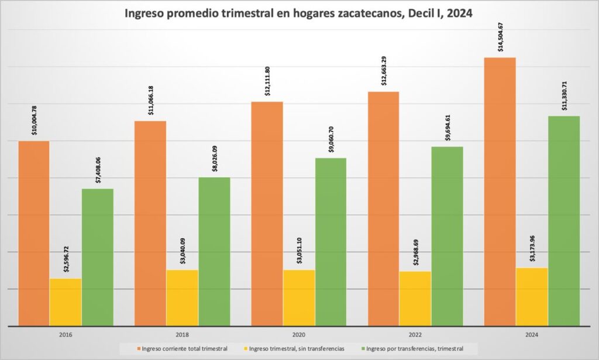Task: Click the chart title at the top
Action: point(299,14)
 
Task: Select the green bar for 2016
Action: point(98,257)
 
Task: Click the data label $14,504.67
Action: point(501,37)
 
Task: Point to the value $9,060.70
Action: point(332,138)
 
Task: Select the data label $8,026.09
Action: point(215,157)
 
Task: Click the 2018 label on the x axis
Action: point(182,335)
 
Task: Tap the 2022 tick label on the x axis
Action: point(415,335)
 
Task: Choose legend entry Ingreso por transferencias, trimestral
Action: point(412,349)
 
